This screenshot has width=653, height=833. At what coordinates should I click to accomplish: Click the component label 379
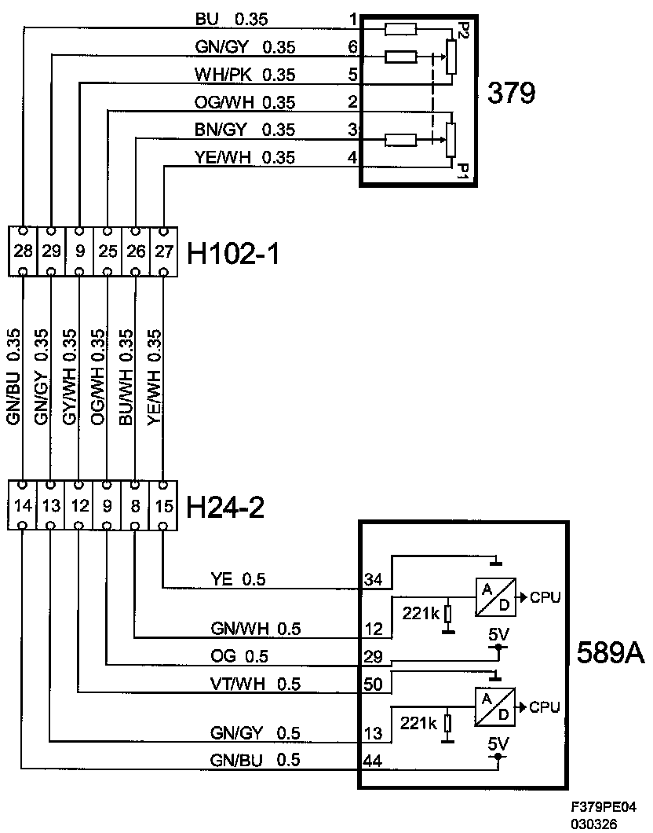coord(512,93)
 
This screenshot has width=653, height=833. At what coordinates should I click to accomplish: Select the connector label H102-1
coord(233,253)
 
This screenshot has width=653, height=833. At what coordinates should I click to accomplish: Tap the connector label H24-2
coord(225,508)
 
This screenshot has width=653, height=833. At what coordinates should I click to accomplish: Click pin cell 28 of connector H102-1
coord(24,251)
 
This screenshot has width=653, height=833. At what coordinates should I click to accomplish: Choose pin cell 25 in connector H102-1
coord(108,251)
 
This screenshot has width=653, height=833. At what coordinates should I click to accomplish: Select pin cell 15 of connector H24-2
coord(164,505)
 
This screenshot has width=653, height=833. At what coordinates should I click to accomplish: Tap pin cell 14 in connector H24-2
coord(23,505)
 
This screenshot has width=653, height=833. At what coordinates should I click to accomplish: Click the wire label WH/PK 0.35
coord(245,75)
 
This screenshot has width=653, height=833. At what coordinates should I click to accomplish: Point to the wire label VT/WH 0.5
coord(255,684)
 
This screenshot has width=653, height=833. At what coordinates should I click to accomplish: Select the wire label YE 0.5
coord(238,579)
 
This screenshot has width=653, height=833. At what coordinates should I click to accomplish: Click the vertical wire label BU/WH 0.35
coord(126,377)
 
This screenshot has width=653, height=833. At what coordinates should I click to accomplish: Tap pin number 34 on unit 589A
coord(373,579)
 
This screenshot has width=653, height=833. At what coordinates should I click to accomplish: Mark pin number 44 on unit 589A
coord(372,761)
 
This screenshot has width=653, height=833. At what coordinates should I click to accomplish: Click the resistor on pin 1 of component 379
coord(400,29)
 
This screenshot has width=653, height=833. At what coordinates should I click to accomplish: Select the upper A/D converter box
coord(495,597)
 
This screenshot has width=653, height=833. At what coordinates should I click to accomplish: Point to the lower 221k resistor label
coord(418,723)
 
